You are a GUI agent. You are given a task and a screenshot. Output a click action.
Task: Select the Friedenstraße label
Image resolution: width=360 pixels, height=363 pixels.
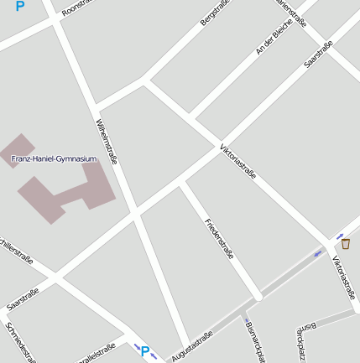pos(219,238)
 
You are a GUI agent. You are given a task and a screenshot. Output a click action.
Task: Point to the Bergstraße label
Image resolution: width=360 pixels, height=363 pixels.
pos(215,13)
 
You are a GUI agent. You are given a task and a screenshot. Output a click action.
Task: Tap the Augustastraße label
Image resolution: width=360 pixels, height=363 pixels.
pos(192,346)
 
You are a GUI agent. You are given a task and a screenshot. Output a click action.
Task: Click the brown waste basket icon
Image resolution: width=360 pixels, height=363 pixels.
pos(345,244)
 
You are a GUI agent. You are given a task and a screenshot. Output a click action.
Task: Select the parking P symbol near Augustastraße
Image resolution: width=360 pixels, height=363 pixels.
pos(144,352)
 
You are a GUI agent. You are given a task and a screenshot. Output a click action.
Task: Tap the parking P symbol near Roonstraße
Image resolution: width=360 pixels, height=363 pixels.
pos(19,6)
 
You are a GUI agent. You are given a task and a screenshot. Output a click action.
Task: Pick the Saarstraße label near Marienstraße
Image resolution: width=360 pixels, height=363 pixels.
pos(319,54)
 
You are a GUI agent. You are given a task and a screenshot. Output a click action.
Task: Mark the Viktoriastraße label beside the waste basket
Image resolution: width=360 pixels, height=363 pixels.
pos(345,278)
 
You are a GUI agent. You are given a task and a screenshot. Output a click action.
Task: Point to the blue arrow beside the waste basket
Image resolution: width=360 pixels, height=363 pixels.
pos(340,236)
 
